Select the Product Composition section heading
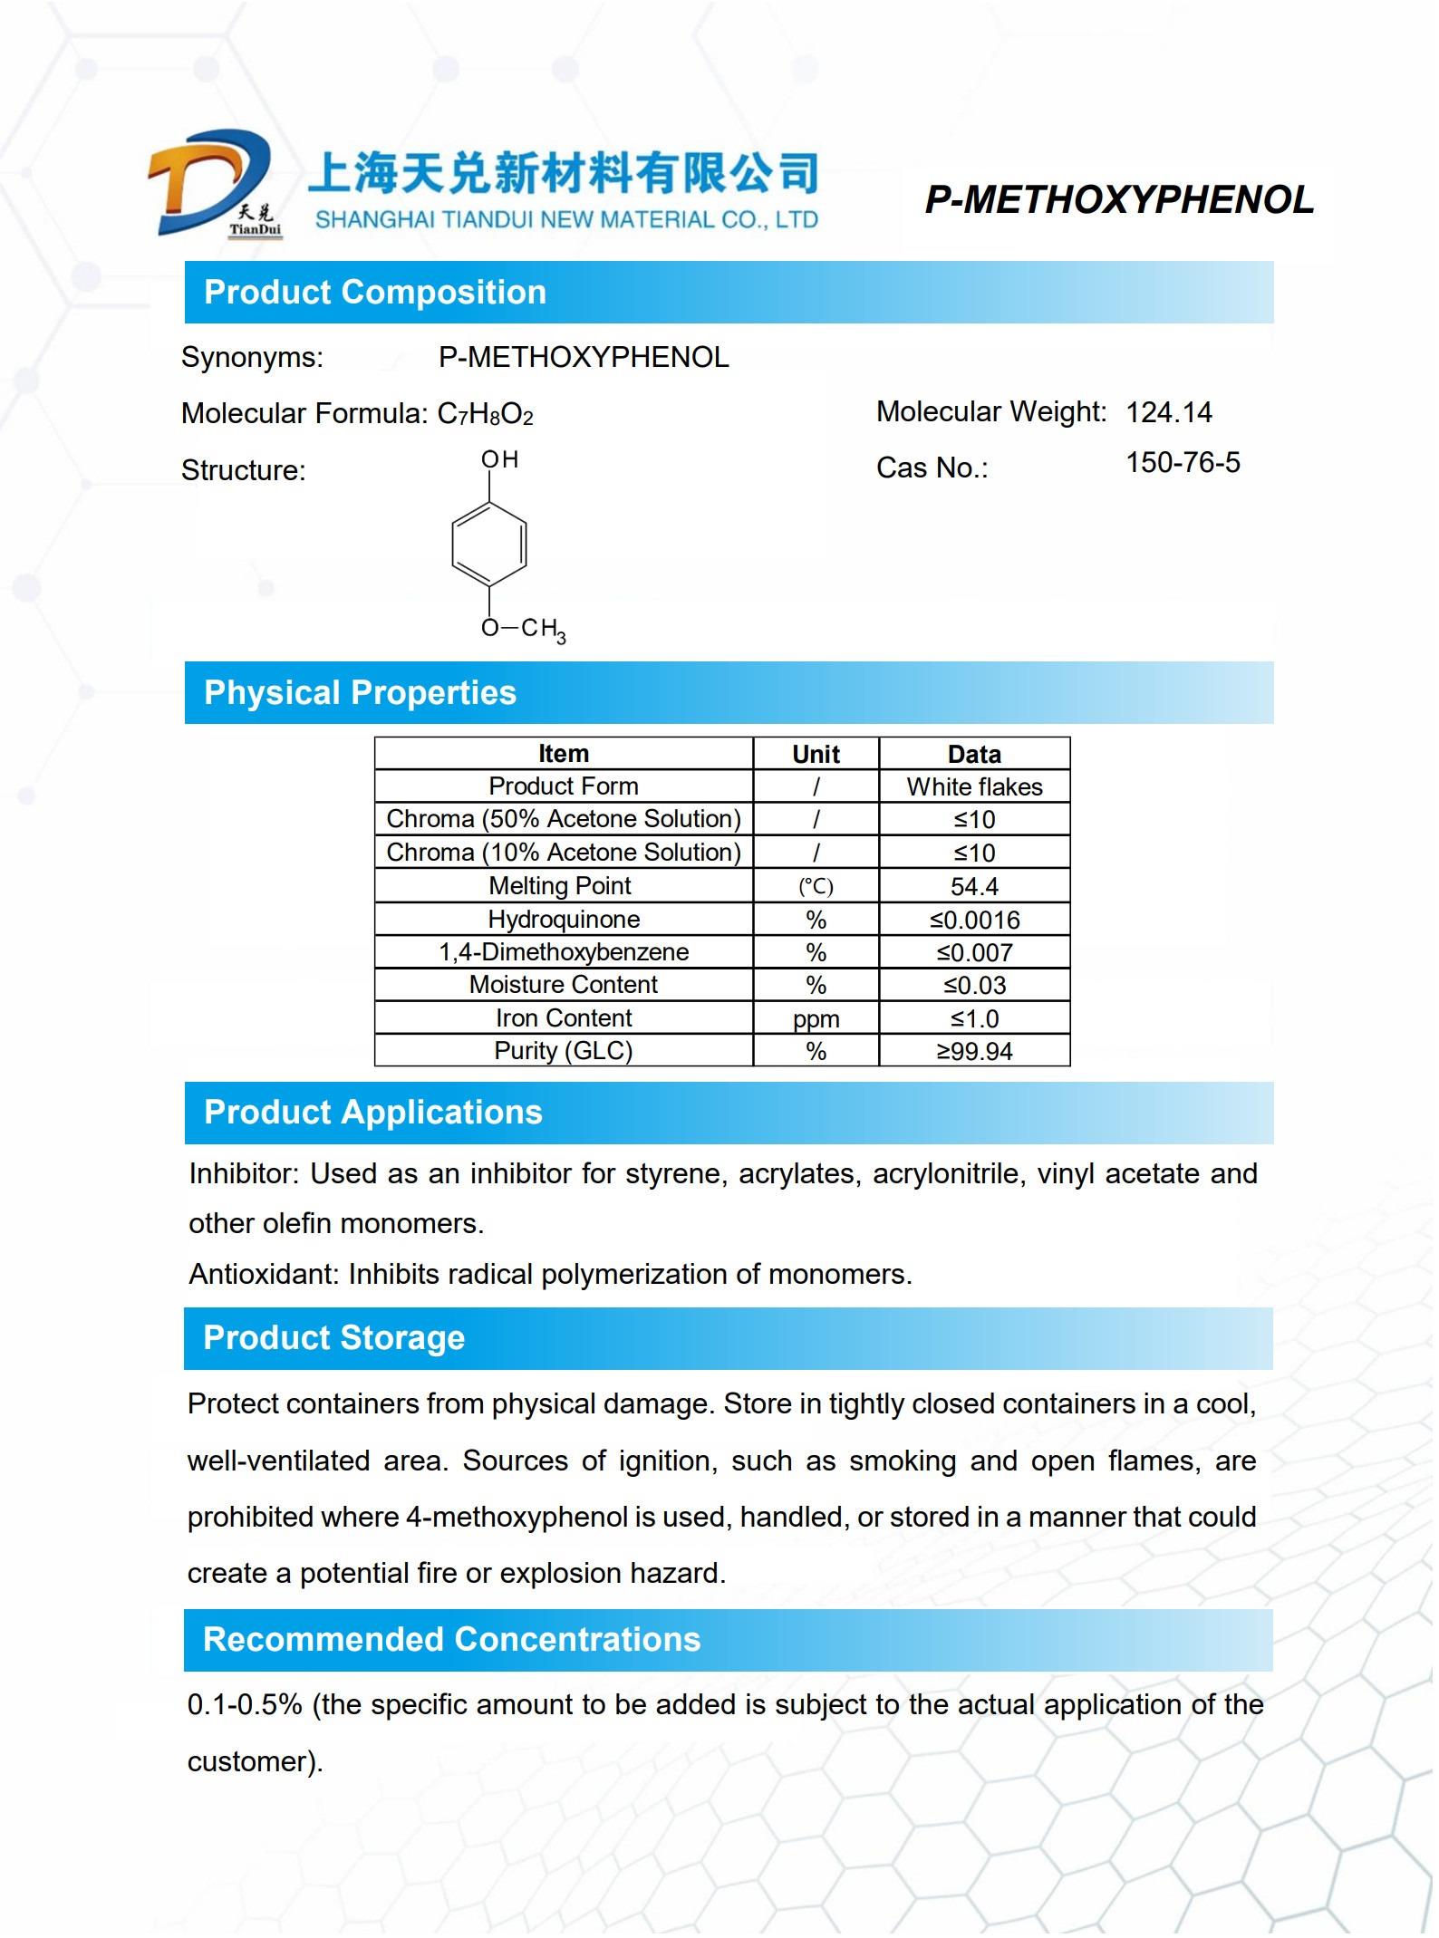(x=375, y=293)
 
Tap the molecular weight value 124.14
(x=1168, y=413)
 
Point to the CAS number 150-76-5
(x=1182, y=464)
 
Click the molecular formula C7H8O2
(x=485, y=415)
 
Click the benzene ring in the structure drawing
(x=488, y=545)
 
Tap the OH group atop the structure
(x=499, y=460)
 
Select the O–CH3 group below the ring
(x=523, y=630)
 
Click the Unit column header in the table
(x=816, y=755)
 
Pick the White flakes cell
(x=974, y=787)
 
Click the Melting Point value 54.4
(x=974, y=887)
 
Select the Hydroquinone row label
(x=564, y=920)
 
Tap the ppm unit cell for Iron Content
(x=816, y=1019)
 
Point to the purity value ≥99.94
(x=974, y=1052)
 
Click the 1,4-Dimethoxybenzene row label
(x=564, y=952)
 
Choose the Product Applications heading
(x=372, y=1113)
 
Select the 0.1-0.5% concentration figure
(x=244, y=1705)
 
